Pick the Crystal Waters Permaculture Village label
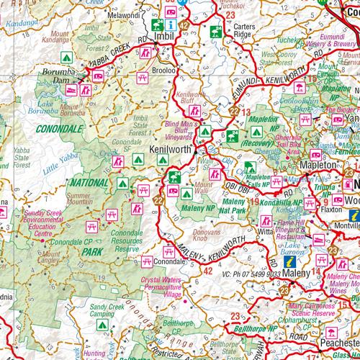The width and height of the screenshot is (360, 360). pyautogui.click(x=166, y=286)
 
